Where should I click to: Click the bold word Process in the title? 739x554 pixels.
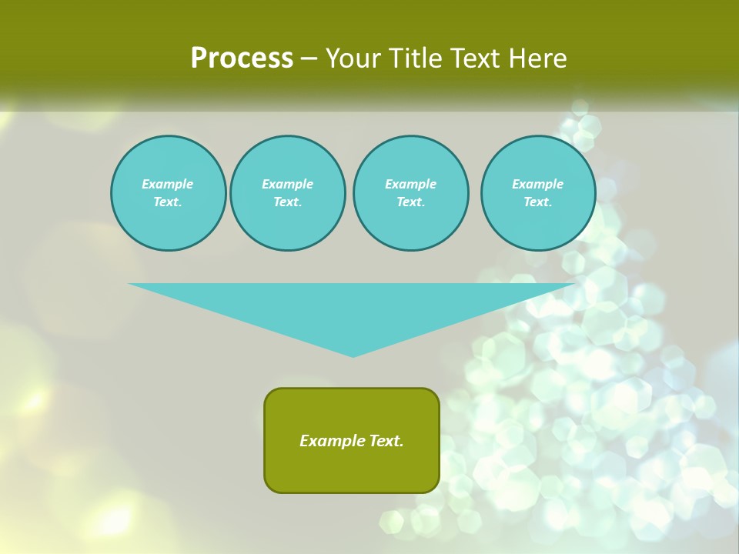click(242, 58)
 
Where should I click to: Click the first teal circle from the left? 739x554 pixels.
click(169, 193)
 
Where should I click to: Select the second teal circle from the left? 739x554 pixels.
click(288, 193)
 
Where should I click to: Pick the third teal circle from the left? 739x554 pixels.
click(411, 193)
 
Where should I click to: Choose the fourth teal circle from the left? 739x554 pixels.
click(538, 193)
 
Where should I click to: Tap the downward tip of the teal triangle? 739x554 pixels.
click(353, 355)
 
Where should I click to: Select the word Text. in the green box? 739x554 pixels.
click(386, 441)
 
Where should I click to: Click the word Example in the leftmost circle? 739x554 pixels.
click(168, 184)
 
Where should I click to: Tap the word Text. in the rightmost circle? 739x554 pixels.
click(538, 202)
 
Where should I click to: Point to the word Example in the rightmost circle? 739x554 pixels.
click(538, 184)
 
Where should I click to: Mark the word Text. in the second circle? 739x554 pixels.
click(288, 202)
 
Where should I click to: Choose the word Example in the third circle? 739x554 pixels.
click(411, 184)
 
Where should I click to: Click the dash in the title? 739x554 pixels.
click(309, 58)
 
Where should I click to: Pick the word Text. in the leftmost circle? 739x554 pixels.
click(168, 202)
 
